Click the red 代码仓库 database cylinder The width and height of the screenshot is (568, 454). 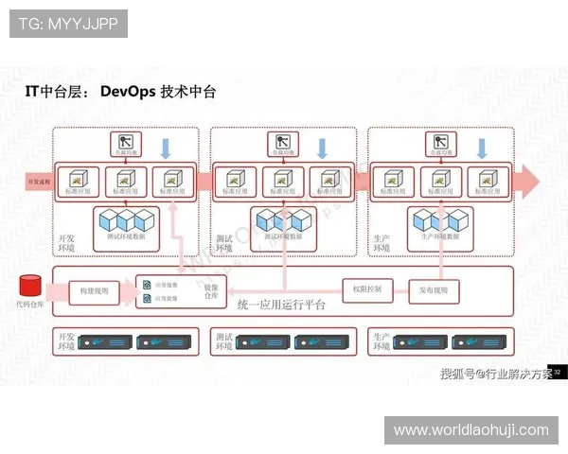tap(29, 285)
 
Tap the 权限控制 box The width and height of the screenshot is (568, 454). tap(366, 289)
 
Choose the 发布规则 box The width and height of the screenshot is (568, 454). tap(434, 289)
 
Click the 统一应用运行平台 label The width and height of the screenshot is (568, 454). tap(281, 306)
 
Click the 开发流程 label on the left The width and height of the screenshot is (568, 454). tap(27, 178)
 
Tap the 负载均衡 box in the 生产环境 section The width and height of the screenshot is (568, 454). tap(441, 145)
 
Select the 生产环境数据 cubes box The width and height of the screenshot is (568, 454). tap(440, 222)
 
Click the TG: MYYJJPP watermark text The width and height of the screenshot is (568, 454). tap(68, 24)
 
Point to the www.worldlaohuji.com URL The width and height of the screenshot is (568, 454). tap(470, 430)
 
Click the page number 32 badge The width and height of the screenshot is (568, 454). tap(559, 372)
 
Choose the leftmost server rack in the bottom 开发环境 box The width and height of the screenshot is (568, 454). tap(102, 341)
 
